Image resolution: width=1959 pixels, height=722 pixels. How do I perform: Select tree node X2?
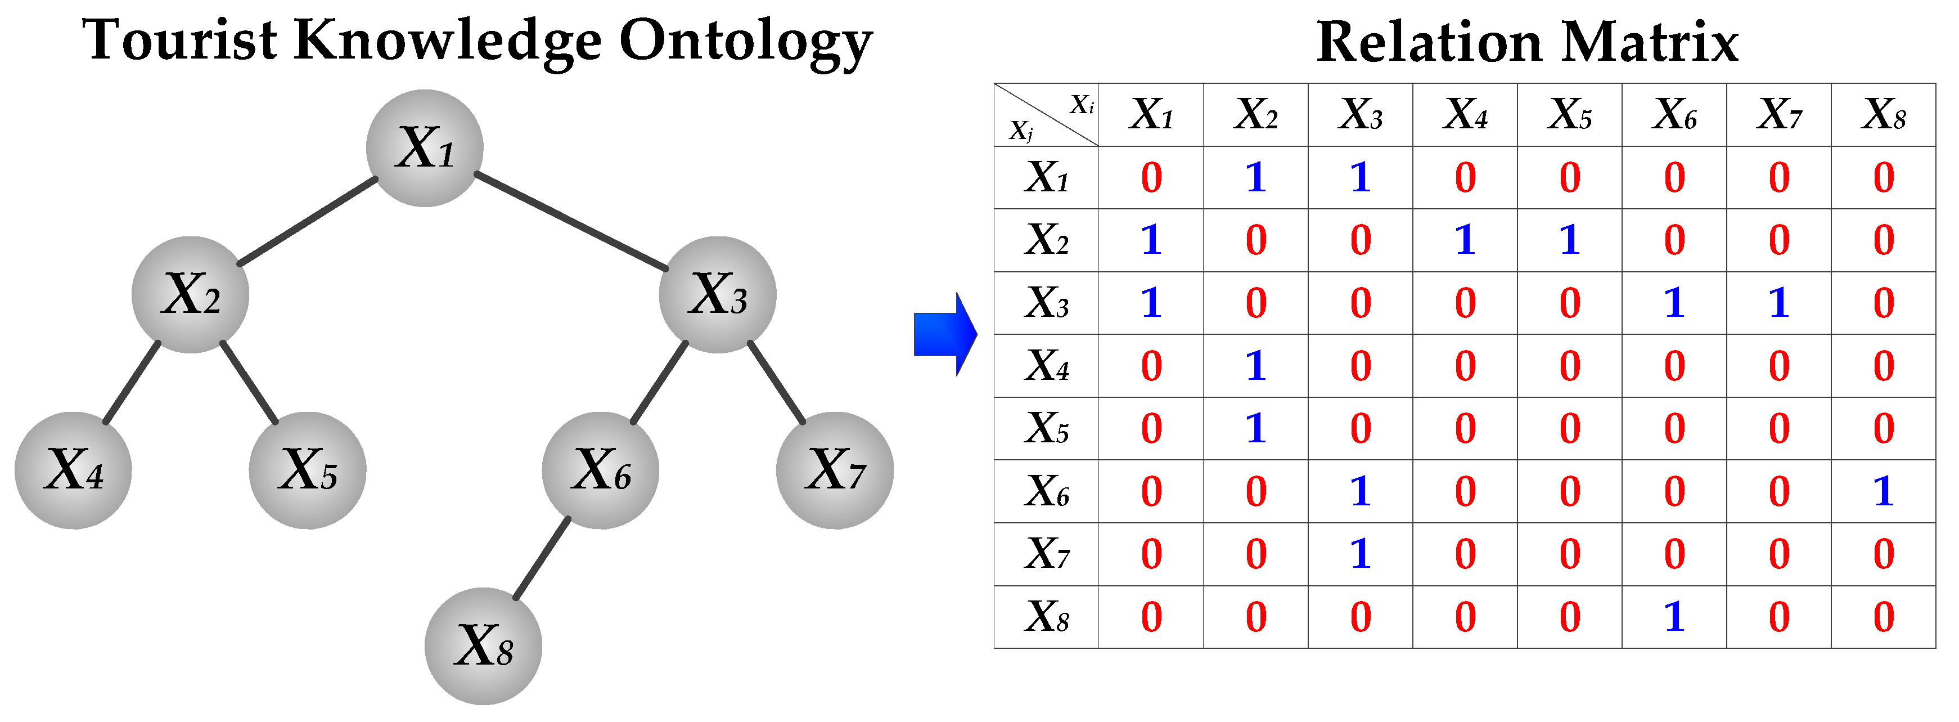(x=190, y=295)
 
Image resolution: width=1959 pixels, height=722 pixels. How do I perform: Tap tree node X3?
(x=718, y=295)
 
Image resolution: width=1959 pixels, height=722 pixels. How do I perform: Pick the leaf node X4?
(x=73, y=471)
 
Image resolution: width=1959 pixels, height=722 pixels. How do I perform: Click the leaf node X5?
(x=307, y=471)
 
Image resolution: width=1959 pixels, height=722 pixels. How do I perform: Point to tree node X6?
(x=601, y=471)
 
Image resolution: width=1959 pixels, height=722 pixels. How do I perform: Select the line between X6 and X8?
(x=542, y=558)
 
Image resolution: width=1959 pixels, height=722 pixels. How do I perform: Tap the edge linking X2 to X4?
(x=132, y=383)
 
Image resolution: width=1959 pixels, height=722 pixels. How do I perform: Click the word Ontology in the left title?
(x=745, y=42)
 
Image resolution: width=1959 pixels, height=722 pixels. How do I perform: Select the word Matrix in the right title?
(x=1650, y=42)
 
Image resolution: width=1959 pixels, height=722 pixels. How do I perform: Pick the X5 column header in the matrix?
(x=1570, y=115)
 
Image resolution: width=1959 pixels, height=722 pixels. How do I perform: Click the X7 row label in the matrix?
(x=1046, y=554)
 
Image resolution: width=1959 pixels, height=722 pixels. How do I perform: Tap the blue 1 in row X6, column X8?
(x=1883, y=491)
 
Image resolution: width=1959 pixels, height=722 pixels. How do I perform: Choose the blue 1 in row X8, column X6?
(x=1674, y=617)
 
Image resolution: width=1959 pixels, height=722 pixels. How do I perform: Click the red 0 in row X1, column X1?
(x=1151, y=178)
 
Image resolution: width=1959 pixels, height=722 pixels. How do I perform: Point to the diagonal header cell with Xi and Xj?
(x=1046, y=115)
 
